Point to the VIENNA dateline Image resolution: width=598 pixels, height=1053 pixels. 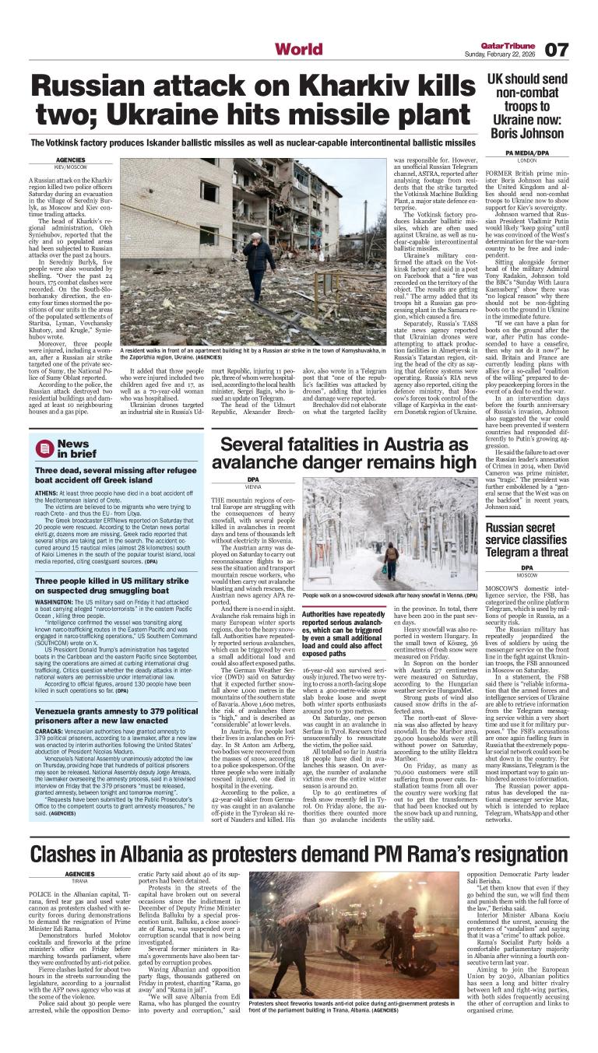coord(253,486)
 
